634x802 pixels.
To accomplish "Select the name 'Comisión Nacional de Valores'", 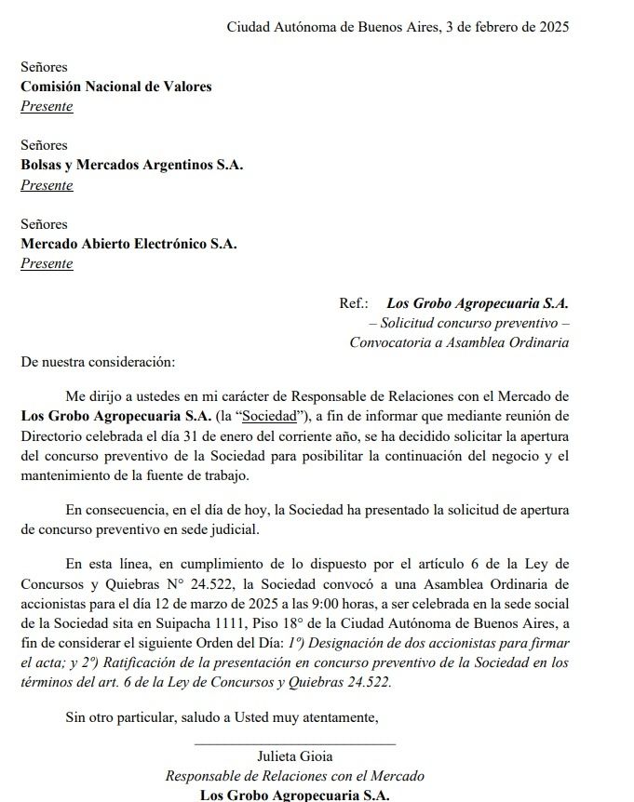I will [116, 87].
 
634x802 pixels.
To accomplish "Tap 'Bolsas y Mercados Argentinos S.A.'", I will [131, 165].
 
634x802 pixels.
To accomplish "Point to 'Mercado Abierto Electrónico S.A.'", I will [128, 244].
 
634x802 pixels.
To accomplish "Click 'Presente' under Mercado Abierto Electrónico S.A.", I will [47, 263].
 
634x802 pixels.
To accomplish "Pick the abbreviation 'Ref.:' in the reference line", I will [354, 302].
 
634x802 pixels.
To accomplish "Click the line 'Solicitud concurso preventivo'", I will [468, 322].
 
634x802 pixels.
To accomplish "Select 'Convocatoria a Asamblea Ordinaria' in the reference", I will [459, 341].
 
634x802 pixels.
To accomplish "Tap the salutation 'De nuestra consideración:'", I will [98, 361].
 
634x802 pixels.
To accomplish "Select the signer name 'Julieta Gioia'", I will [294, 756].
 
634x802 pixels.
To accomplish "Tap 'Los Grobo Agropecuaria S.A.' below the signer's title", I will [294, 795].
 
